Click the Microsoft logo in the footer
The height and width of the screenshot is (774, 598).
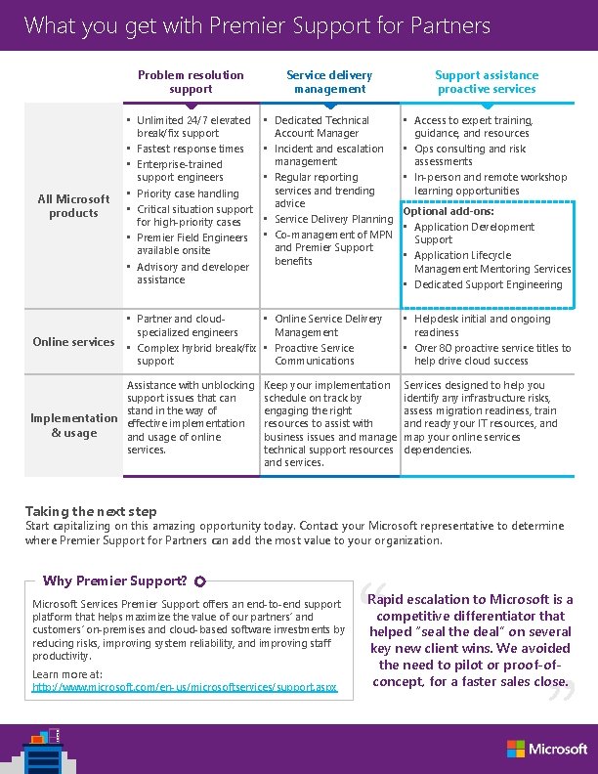pyautogui.click(x=546, y=749)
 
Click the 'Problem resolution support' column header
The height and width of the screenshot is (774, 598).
pyautogui.click(x=191, y=82)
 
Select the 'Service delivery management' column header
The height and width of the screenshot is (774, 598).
pyautogui.click(x=329, y=82)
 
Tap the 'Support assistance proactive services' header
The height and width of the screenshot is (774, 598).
pyautogui.click(x=486, y=82)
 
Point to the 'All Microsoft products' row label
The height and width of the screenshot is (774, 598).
pyautogui.click(x=73, y=206)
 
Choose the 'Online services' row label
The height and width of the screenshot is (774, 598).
pyautogui.click(x=73, y=342)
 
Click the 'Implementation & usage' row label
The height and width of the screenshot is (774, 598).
pyautogui.click(x=73, y=425)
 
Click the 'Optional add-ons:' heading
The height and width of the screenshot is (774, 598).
pyautogui.click(x=448, y=211)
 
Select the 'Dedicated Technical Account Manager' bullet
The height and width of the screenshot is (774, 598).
pyautogui.click(x=321, y=127)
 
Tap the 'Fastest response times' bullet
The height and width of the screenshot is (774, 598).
pyautogui.click(x=191, y=149)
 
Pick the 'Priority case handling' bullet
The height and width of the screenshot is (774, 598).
pyautogui.click(x=188, y=193)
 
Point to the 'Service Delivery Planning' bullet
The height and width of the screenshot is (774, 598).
pyautogui.click(x=333, y=219)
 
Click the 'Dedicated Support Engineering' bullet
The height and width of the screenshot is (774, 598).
pyautogui.click(x=488, y=284)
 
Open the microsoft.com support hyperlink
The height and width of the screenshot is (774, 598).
pyautogui.click(x=185, y=687)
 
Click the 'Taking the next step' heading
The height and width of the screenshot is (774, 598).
pyautogui.click(x=90, y=511)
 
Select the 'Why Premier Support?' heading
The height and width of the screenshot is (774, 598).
pyautogui.click(x=115, y=580)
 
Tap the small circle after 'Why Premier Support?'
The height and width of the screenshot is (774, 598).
pyautogui.click(x=199, y=581)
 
